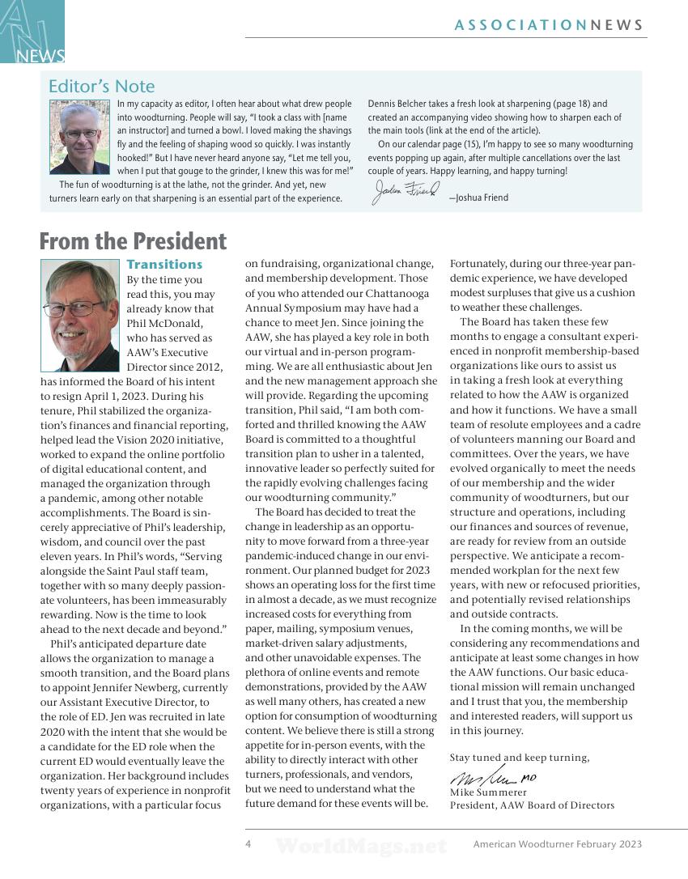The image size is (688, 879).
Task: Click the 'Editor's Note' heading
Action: [101, 86]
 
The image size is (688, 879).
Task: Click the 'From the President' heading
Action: [133, 241]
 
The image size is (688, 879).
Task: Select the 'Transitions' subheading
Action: [164, 264]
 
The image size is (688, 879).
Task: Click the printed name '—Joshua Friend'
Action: [478, 197]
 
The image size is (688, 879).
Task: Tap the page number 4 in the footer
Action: [248, 843]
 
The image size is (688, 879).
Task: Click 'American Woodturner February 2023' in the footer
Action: [557, 844]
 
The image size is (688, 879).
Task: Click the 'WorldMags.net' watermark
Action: [360, 847]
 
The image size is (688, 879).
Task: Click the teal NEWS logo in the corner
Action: [32, 32]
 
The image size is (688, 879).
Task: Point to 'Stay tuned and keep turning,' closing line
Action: [520, 758]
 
